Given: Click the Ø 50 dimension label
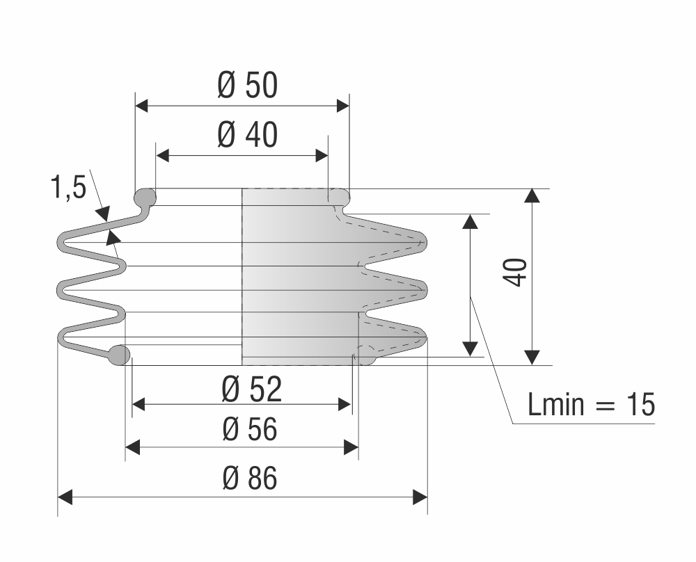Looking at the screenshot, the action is [248, 86].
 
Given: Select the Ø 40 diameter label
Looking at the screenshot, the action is [248, 135].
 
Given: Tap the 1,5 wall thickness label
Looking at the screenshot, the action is [68, 186].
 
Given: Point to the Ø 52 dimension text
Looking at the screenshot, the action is [252, 389].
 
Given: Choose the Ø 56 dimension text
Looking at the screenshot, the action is [250, 429].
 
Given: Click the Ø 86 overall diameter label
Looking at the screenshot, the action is [250, 478].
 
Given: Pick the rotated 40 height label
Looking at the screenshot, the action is [515, 273].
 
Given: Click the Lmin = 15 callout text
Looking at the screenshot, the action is [591, 404].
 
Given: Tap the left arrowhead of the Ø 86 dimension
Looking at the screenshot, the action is [65, 497].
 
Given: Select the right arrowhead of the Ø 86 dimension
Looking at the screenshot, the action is [420, 497].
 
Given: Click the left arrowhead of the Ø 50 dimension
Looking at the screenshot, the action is [141, 106].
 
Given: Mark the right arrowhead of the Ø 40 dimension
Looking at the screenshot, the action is [322, 156].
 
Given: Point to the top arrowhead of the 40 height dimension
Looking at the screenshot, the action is [532, 195].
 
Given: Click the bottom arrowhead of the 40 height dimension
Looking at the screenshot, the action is [532, 358].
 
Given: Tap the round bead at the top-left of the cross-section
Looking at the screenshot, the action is [145, 198].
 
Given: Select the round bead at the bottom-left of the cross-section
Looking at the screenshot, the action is [119, 355].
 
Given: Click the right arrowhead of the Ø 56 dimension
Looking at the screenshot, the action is [351, 447].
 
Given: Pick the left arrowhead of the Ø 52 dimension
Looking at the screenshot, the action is [139, 405].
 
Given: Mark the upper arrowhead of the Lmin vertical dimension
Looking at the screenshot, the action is [470, 221].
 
